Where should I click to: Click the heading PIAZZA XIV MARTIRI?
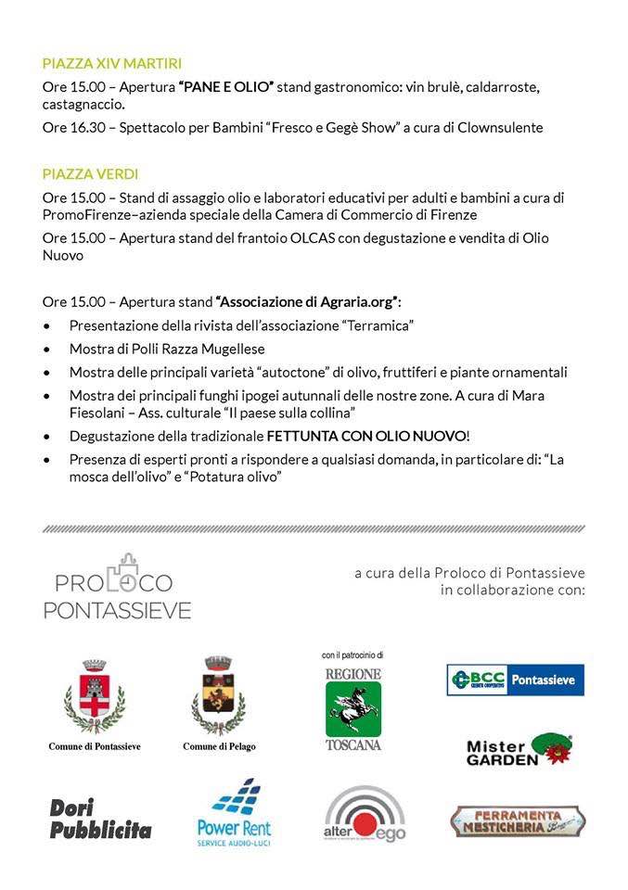(x=111, y=64)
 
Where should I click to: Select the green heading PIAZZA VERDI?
(x=90, y=173)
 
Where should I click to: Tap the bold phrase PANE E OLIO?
(x=225, y=87)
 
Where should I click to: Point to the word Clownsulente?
(x=499, y=128)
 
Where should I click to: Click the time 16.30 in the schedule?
(x=85, y=128)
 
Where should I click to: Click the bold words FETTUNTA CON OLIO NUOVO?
(x=366, y=435)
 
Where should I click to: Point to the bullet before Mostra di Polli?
(x=47, y=350)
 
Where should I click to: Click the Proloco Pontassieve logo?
(x=117, y=585)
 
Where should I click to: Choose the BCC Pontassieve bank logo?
(x=515, y=680)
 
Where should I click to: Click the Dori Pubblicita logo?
(x=100, y=819)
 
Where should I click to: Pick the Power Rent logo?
(x=234, y=813)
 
